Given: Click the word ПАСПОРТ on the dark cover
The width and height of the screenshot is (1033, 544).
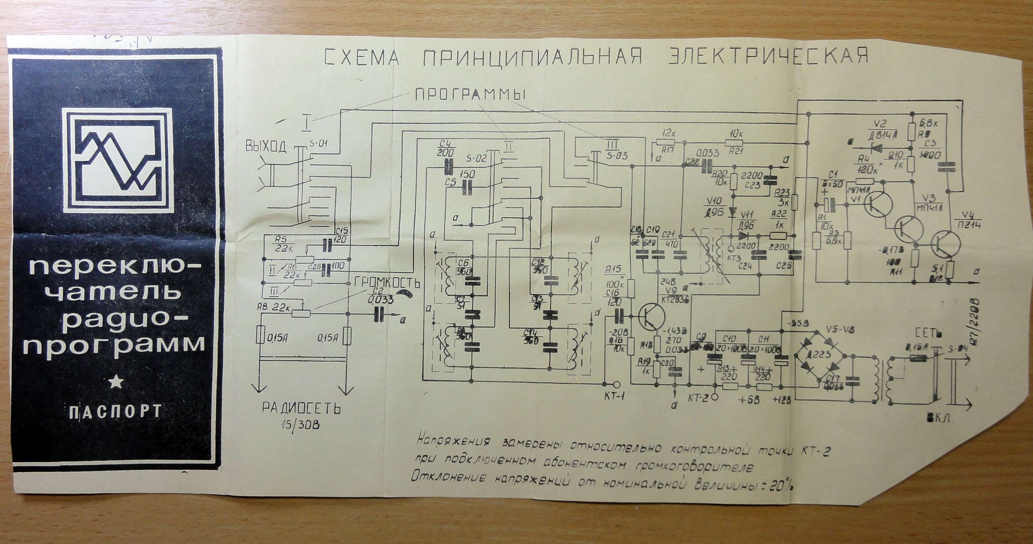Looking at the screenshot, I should click(115, 412).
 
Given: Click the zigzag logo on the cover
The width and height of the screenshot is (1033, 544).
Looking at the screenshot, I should click(118, 160).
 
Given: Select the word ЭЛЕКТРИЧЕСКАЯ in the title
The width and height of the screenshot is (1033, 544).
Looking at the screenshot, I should click(769, 57).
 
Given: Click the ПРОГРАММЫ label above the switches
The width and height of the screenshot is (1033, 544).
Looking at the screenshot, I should click(470, 95).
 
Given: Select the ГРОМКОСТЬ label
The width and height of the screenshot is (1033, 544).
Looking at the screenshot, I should click(387, 283).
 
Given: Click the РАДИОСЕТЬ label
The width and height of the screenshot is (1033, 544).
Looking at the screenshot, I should click(302, 409).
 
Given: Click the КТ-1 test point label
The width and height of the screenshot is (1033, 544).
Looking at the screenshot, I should click(614, 396).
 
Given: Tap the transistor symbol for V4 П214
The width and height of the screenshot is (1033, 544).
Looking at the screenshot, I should click(946, 244).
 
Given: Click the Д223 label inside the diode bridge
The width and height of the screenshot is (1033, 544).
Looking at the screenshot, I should click(819, 354).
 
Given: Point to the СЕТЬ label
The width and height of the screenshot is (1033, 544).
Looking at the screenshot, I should click(928, 333).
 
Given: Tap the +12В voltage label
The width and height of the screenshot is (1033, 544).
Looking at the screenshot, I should click(781, 399).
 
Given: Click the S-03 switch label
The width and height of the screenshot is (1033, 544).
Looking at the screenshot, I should click(617, 156).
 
